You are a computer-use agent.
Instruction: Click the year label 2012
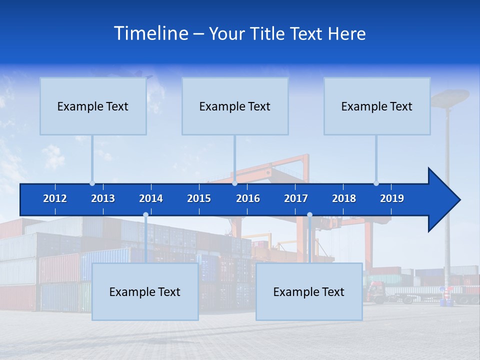click(55, 198)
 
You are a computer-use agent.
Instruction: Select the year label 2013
click(103, 198)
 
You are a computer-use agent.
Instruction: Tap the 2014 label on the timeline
click(151, 198)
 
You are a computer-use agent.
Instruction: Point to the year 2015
click(199, 198)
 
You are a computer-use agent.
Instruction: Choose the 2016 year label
click(248, 198)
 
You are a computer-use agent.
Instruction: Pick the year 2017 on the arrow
click(296, 198)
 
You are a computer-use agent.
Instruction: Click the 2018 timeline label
click(344, 198)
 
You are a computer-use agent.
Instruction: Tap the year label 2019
click(392, 198)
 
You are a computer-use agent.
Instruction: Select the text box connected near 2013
click(93, 106)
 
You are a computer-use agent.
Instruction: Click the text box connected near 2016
click(235, 106)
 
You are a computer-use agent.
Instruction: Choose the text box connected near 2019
click(377, 106)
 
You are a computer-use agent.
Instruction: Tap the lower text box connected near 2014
click(145, 291)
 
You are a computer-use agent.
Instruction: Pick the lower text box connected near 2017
click(309, 291)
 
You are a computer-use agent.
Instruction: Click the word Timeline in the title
click(150, 33)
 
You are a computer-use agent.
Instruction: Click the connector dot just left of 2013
click(92, 183)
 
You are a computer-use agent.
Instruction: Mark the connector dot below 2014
click(145, 215)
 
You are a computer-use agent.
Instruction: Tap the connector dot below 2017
click(309, 215)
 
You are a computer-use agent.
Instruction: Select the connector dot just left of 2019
click(376, 183)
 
